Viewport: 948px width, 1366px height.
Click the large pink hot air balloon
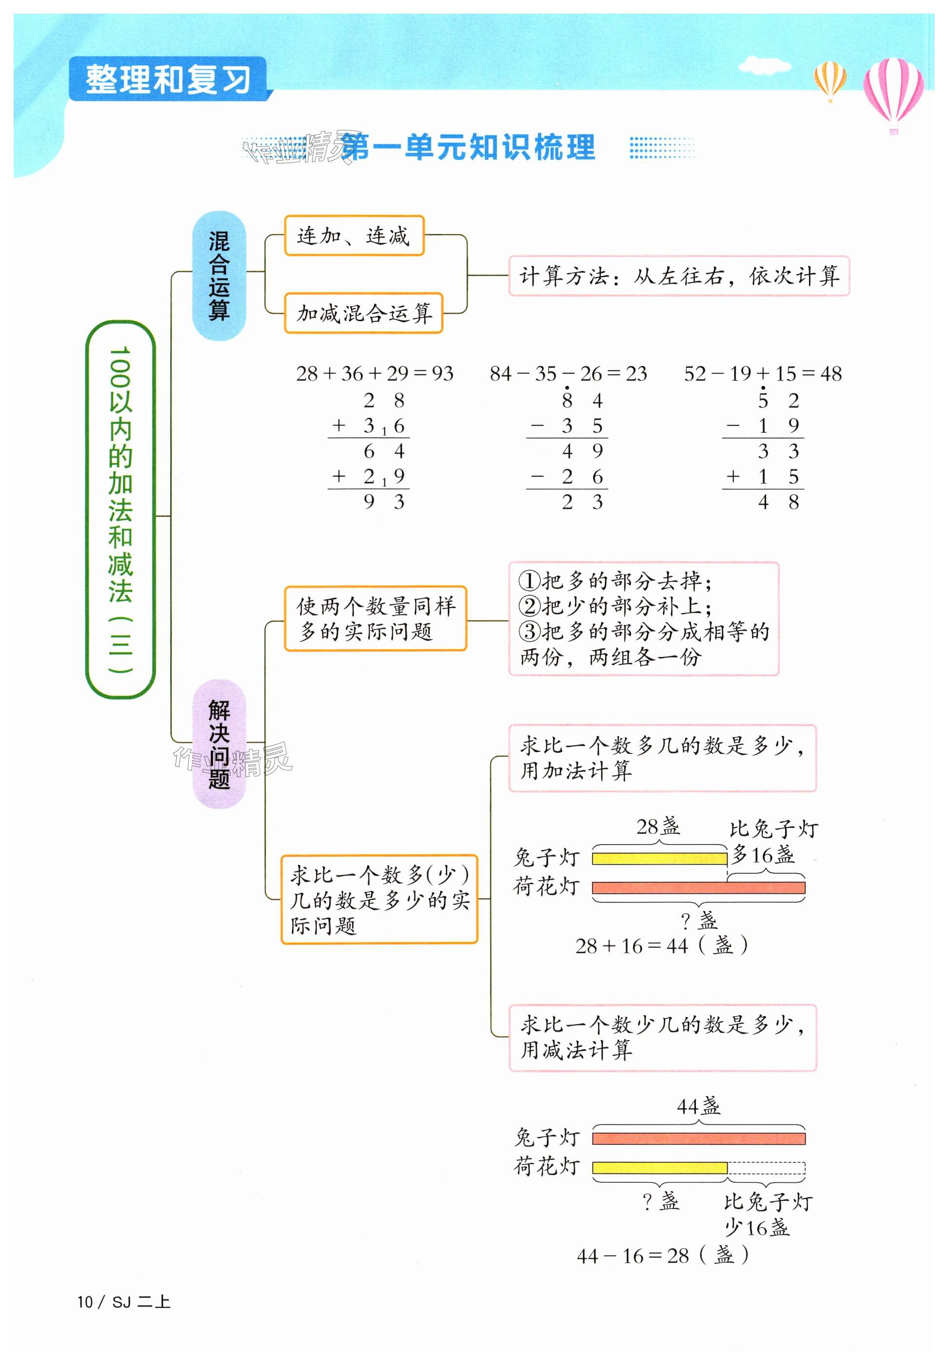pyautogui.click(x=893, y=89)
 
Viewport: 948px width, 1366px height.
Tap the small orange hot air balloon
pyautogui.click(x=830, y=79)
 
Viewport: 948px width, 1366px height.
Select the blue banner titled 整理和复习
pyautogui.click(x=168, y=79)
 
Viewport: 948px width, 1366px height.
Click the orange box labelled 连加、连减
pyautogui.click(x=354, y=236)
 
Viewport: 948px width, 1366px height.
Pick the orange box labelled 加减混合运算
pyautogui.click(x=363, y=313)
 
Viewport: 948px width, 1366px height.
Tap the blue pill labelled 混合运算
pyautogui.click(x=218, y=275)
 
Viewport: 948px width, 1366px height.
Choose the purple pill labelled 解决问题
pyautogui.click(x=219, y=743)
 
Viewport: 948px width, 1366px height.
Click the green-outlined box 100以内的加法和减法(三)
pyautogui.click(x=120, y=509)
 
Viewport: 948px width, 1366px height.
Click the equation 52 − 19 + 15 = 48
pyautogui.click(x=763, y=373)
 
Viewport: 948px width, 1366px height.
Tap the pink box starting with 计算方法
pyautogui.click(x=679, y=276)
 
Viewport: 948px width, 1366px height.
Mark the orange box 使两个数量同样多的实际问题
pyautogui.click(x=375, y=618)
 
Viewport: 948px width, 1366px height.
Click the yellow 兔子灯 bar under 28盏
pyautogui.click(x=659, y=858)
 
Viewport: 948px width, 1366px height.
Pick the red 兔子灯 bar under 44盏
pyautogui.click(x=698, y=1138)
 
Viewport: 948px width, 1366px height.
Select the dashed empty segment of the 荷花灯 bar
pyautogui.click(x=766, y=1168)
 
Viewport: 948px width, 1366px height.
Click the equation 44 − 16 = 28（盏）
pyautogui.click(x=662, y=1255)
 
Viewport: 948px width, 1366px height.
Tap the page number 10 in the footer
pyautogui.click(x=85, y=1302)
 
